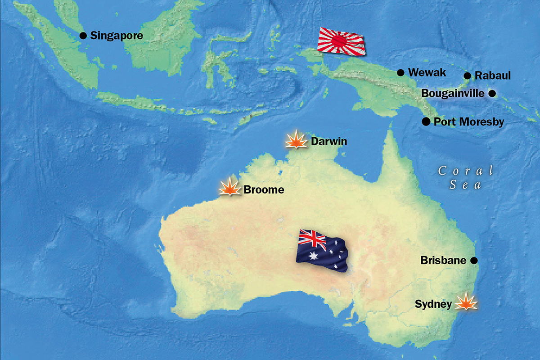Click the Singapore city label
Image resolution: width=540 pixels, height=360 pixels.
117,36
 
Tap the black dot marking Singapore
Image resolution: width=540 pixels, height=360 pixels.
83,36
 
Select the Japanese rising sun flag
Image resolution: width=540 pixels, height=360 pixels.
341,40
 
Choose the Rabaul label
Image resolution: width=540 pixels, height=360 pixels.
493,76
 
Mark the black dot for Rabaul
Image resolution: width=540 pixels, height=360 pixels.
467,76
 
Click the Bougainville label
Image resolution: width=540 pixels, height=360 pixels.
453,94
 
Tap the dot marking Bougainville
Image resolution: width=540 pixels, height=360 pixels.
492,94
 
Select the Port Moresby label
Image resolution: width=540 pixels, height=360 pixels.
468,122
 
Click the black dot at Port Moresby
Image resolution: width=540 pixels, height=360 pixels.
425,121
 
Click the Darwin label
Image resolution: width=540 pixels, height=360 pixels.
329,142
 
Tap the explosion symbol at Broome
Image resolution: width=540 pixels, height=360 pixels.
229,188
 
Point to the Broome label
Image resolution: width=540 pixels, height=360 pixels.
264,190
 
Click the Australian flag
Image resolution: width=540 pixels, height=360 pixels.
321,250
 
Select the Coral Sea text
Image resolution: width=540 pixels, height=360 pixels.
466,177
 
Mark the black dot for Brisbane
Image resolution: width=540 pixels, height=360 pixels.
473,261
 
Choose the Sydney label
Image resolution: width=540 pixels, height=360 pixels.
433,305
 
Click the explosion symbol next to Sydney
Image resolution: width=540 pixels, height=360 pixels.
466,302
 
